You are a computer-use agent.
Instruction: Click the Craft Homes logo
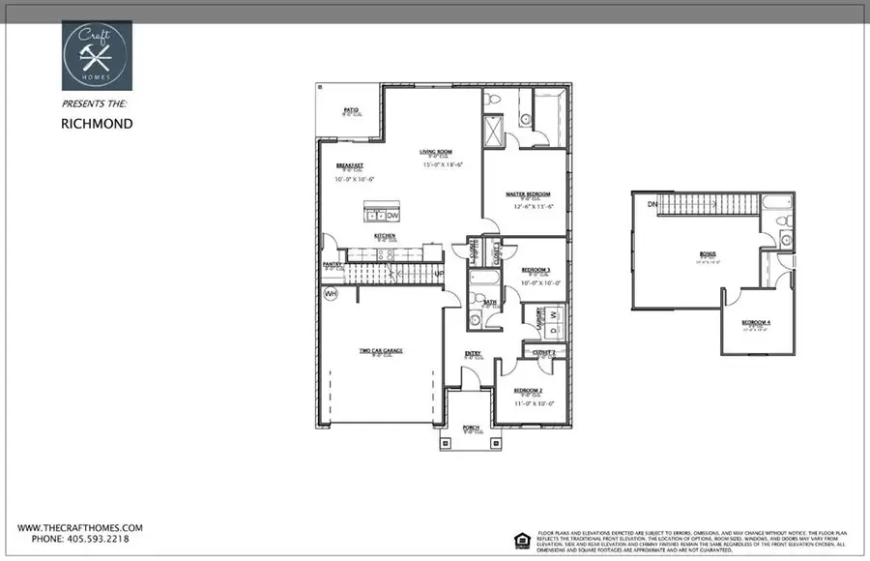pyautogui.click(x=97, y=56)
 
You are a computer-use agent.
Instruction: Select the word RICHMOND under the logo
pyautogui.click(x=97, y=124)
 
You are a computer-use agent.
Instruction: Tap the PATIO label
pyautogui.click(x=351, y=110)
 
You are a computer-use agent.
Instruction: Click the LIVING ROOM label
pyautogui.click(x=436, y=152)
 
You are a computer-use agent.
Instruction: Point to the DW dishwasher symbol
pyautogui.click(x=392, y=215)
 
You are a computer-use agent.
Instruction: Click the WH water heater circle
pyautogui.click(x=331, y=293)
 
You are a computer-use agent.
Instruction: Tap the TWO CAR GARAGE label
pyautogui.click(x=381, y=350)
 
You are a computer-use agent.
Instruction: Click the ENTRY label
pyautogui.click(x=473, y=353)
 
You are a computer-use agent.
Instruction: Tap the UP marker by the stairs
pyautogui.click(x=438, y=274)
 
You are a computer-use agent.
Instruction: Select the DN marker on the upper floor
pyautogui.click(x=652, y=204)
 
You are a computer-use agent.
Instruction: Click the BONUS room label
pyautogui.click(x=708, y=253)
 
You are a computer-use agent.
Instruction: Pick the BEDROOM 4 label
pyautogui.click(x=756, y=322)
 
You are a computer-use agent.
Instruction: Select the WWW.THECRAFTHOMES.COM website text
pyautogui.click(x=80, y=527)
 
